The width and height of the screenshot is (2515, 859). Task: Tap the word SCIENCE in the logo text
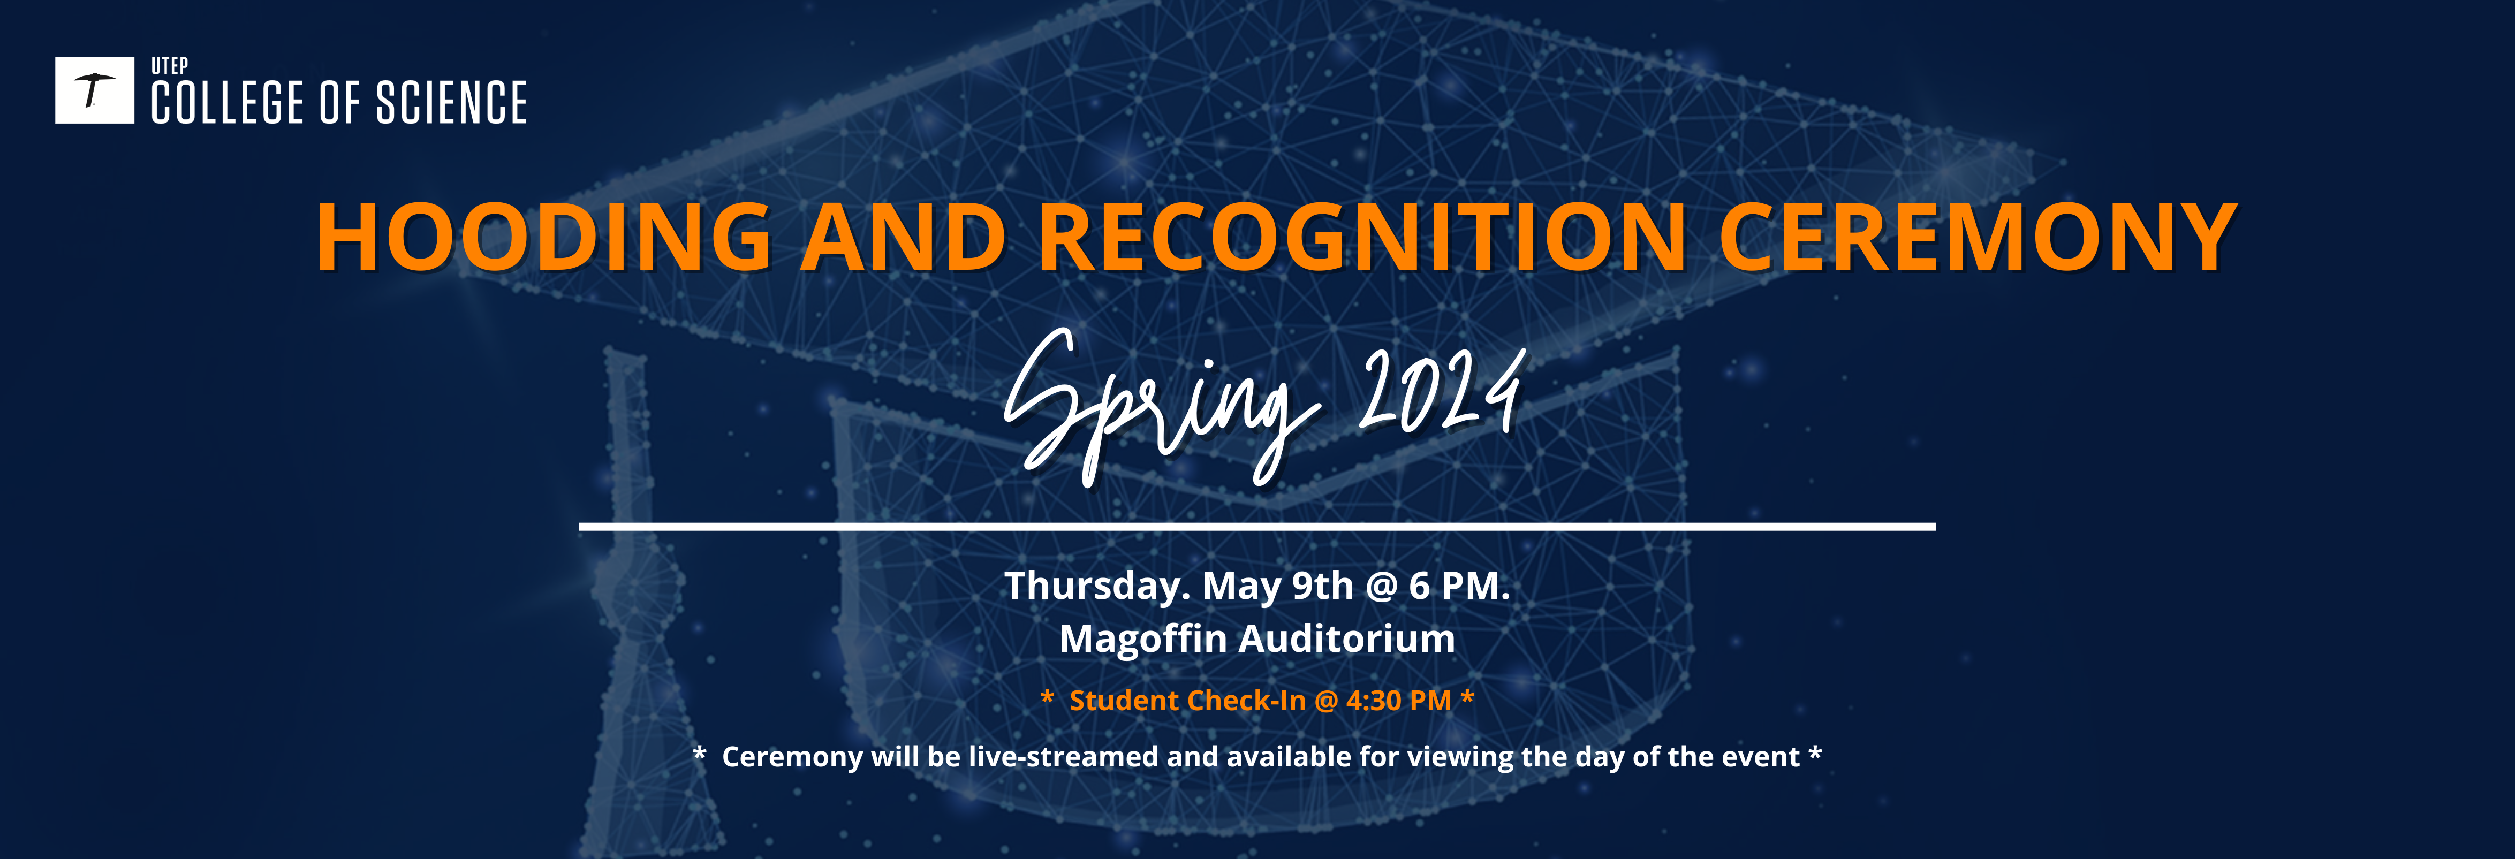click(x=452, y=103)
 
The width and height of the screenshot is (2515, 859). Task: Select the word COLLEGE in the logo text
click(x=228, y=103)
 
